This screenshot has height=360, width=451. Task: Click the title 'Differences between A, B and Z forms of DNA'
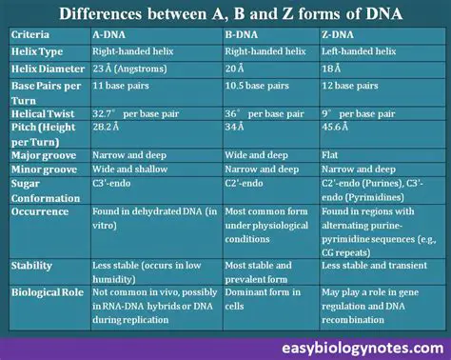[x=225, y=15]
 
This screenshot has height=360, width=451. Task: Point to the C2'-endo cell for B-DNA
[x=245, y=183]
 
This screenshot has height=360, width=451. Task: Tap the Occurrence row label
[x=41, y=211]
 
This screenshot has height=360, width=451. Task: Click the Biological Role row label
[x=48, y=293]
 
